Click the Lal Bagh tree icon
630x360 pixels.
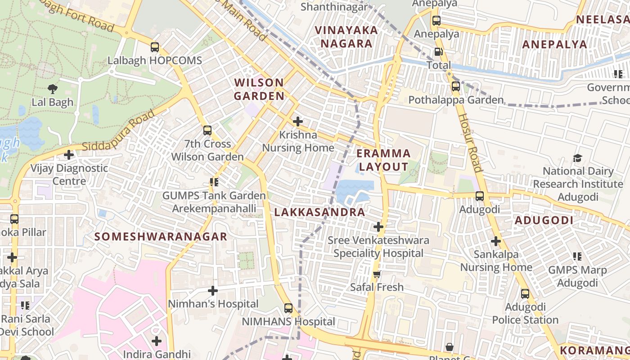pos(53,89)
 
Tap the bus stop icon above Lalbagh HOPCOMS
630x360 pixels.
pos(155,47)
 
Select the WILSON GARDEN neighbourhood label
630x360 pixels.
pos(259,89)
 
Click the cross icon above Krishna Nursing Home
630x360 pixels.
pos(297,121)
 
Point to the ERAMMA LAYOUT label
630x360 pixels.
pos(383,160)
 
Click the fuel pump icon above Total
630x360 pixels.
pos(438,52)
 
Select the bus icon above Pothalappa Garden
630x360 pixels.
pos(455,86)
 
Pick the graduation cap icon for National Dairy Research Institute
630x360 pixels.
pos(577,158)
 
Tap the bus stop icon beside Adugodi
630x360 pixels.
pos(480,196)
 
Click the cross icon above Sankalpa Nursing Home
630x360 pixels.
pos(496,241)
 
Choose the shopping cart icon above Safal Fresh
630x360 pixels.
pos(377,274)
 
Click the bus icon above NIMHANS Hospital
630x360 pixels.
pos(288,308)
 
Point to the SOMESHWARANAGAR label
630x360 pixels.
pos(161,237)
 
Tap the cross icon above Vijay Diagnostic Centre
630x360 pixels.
pos(69,155)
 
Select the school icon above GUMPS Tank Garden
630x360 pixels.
pos(214,182)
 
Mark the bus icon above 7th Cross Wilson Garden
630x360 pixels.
pos(207,130)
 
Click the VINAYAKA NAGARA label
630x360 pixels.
pos(346,37)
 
